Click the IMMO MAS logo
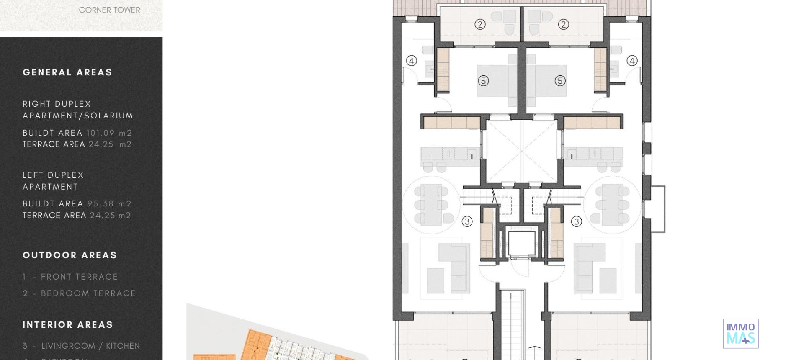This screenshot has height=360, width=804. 740,334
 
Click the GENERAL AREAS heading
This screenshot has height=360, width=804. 67,72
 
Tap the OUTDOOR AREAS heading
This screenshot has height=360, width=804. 70,255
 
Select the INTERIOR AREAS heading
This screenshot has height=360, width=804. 68,325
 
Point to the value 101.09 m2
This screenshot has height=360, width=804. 109,133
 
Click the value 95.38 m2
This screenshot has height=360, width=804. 109,204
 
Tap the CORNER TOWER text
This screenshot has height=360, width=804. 109,10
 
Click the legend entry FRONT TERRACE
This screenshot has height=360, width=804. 70,277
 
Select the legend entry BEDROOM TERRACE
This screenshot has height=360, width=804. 80,293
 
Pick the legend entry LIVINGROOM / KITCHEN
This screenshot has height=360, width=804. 81,346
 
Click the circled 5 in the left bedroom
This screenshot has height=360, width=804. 483,81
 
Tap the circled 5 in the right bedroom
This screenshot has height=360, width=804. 560,81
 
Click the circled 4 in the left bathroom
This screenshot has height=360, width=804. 412,61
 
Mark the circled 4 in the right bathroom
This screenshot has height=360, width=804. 632,61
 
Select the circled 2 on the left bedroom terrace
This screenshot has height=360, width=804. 480,24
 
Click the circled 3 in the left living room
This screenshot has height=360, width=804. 467,221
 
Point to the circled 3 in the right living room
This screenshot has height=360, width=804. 577,221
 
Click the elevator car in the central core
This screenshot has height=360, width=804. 521,243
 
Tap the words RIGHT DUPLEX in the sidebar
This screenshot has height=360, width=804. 57,104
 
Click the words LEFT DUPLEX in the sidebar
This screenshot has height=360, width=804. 53,175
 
